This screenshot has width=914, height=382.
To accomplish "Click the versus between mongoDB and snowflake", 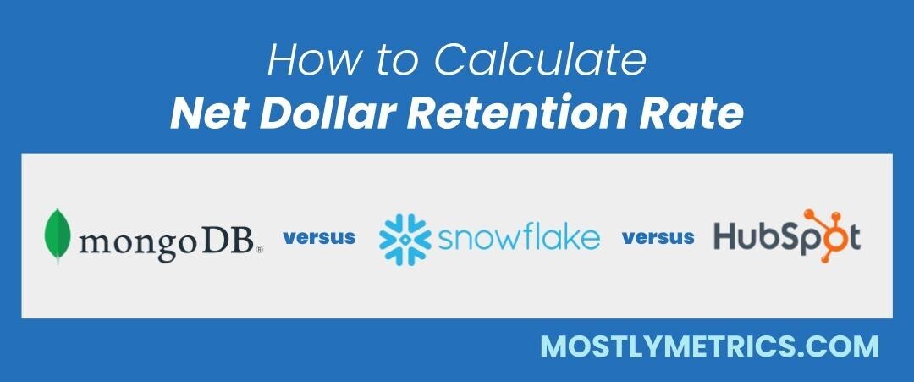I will click(319, 237).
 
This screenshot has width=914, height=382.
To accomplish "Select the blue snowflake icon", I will click(405, 237).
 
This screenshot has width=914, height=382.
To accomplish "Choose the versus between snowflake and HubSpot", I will click(658, 237).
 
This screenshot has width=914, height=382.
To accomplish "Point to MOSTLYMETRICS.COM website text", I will click(709, 346).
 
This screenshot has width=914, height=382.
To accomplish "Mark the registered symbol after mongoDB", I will click(259, 251).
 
